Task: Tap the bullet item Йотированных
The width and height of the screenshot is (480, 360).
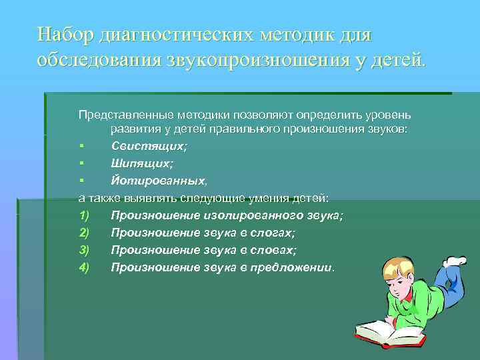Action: pyautogui.click(x=159, y=180)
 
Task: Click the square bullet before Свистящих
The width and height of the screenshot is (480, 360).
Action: pyautogui.click(x=81, y=146)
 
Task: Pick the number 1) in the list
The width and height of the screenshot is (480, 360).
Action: pyautogui.click(x=83, y=215)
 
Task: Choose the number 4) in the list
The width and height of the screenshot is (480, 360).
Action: pyautogui.click(x=83, y=267)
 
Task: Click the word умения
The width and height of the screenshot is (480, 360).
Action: pyautogui.click(x=255, y=197)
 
